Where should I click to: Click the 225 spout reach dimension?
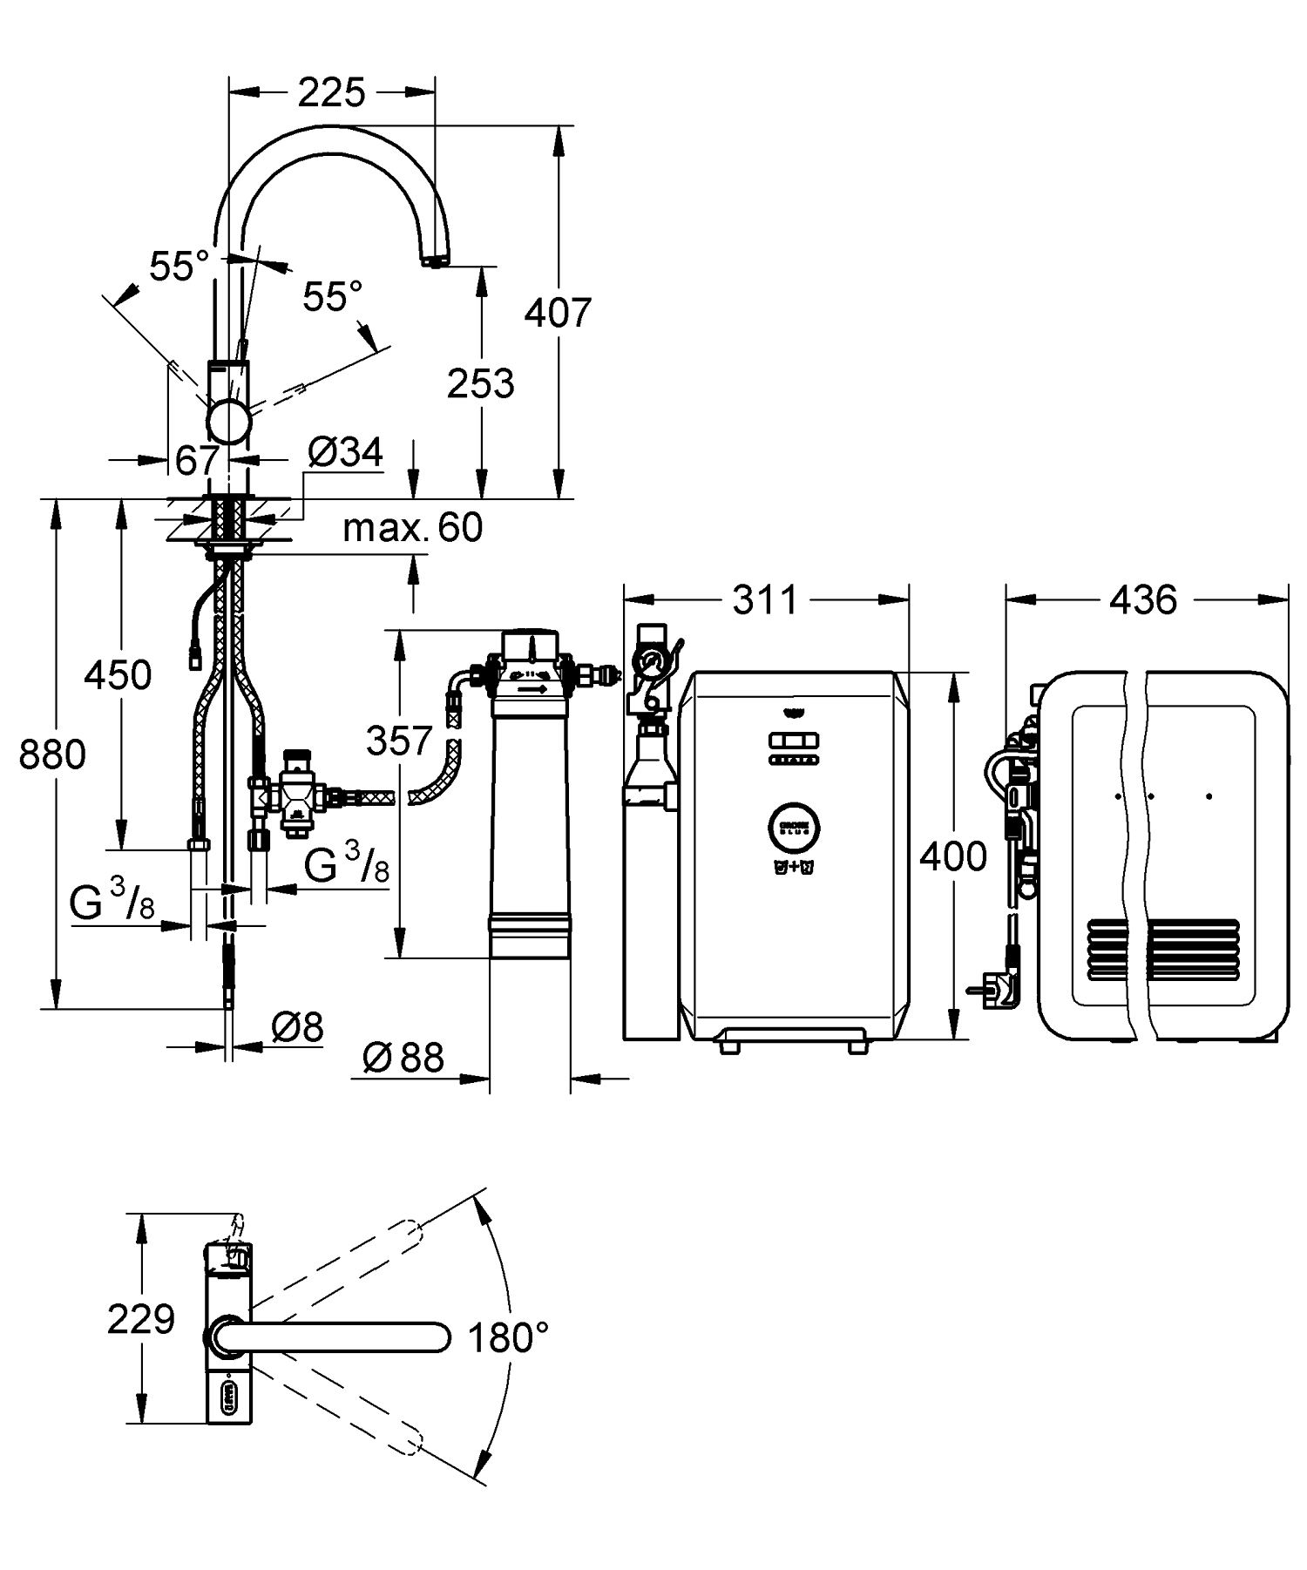point(331,92)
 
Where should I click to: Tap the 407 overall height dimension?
point(558,312)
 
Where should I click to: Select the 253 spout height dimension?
point(481,383)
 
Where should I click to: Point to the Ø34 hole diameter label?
point(346,452)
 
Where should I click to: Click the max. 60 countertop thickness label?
point(412,527)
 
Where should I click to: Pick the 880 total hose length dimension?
point(52,755)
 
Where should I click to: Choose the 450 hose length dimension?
point(118,675)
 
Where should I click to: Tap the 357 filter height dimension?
point(399,741)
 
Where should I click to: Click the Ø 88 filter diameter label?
point(403,1058)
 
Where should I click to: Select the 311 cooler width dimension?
point(765,599)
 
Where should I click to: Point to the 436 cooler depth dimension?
point(1144,599)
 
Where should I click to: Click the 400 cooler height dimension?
point(953,857)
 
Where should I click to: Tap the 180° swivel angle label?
point(509,1337)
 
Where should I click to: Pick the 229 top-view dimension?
point(140,1319)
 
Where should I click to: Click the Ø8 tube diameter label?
point(297,1027)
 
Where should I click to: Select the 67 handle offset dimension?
point(198,461)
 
